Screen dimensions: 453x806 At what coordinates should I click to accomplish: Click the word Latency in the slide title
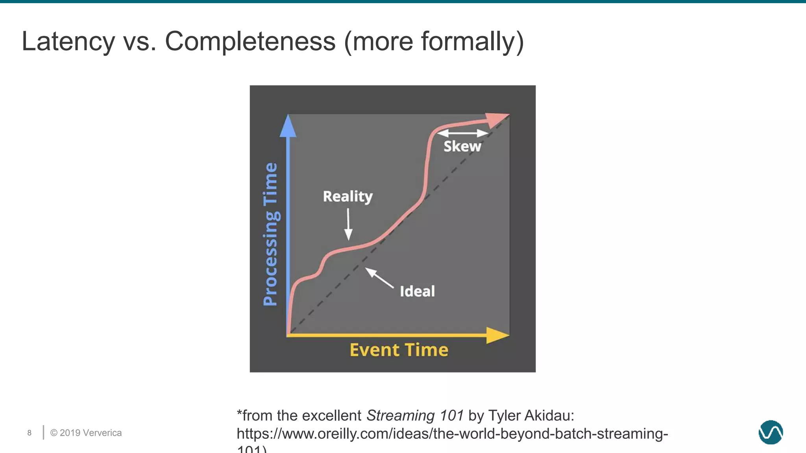(x=68, y=41)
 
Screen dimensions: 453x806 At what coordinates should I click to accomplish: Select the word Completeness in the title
(x=250, y=41)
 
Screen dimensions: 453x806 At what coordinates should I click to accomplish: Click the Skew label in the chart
(x=462, y=146)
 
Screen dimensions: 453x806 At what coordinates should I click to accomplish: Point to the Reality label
(x=348, y=196)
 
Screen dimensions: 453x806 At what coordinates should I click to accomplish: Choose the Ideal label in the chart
(x=417, y=291)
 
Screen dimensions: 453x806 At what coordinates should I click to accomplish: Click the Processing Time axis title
(x=270, y=234)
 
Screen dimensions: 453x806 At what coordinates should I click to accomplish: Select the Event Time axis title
(x=399, y=350)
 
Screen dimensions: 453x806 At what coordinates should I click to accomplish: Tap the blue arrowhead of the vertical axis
(x=288, y=126)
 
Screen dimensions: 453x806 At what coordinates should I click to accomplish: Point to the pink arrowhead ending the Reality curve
(x=497, y=119)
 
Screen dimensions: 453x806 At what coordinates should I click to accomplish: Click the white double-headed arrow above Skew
(x=463, y=133)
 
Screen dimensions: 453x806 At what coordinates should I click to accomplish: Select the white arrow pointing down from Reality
(x=348, y=224)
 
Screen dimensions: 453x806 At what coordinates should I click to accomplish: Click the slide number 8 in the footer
(x=30, y=433)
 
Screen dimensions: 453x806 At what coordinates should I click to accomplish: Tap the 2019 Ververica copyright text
(x=86, y=433)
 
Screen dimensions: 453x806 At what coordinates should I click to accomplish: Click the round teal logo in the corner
(x=771, y=432)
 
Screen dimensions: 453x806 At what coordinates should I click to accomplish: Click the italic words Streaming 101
(x=415, y=416)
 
